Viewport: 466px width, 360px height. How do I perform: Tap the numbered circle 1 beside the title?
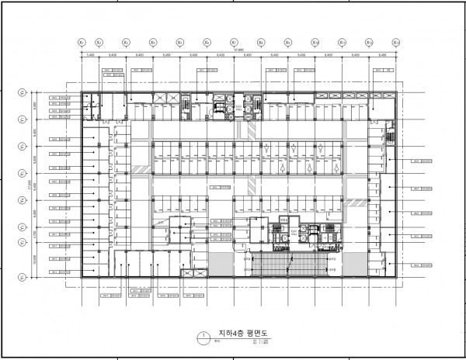[x=203, y=337]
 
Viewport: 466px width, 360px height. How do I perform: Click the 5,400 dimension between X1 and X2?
[x=90, y=56]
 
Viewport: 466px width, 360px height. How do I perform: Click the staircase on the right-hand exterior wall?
[x=388, y=137]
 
